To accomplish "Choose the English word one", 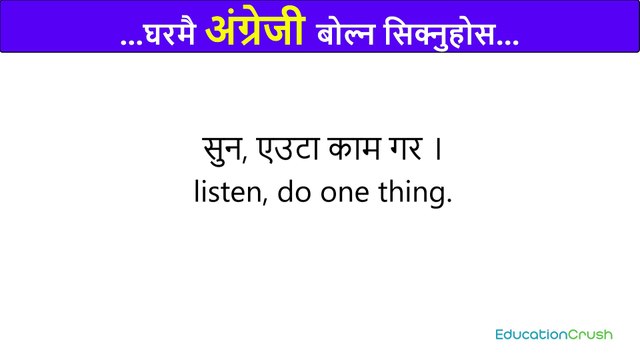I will [x=346, y=194].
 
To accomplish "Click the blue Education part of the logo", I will [x=532, y=333].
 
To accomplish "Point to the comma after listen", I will [x=264, y=203].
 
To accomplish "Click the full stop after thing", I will [x=448, y=201].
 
